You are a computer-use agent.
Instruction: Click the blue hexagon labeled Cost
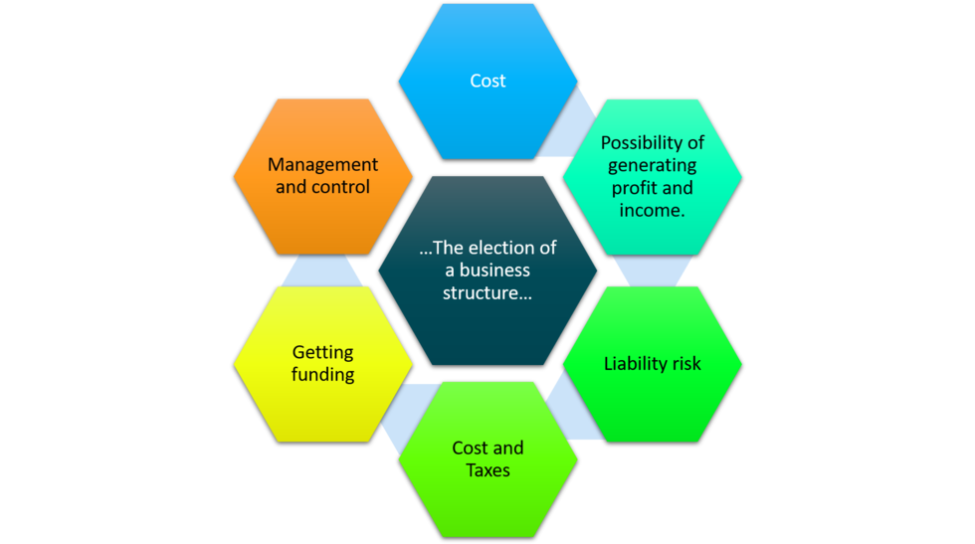[x=487, y=109]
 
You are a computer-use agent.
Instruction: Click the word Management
[x=322, y=165]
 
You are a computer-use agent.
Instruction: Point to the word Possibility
[x=652, y=143]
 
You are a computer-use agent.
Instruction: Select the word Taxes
[x=487, y=469]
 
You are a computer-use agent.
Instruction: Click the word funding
[x=322, y=375]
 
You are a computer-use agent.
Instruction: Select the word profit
[x=634, y=188]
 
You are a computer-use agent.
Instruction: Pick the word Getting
[x=322, y=353]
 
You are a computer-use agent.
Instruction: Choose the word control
[x=342, y=187]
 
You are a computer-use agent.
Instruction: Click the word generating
[x=653, y=165]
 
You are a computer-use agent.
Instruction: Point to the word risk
[x=683, y=363]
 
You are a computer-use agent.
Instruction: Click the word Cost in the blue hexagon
[x=487, y=81]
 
